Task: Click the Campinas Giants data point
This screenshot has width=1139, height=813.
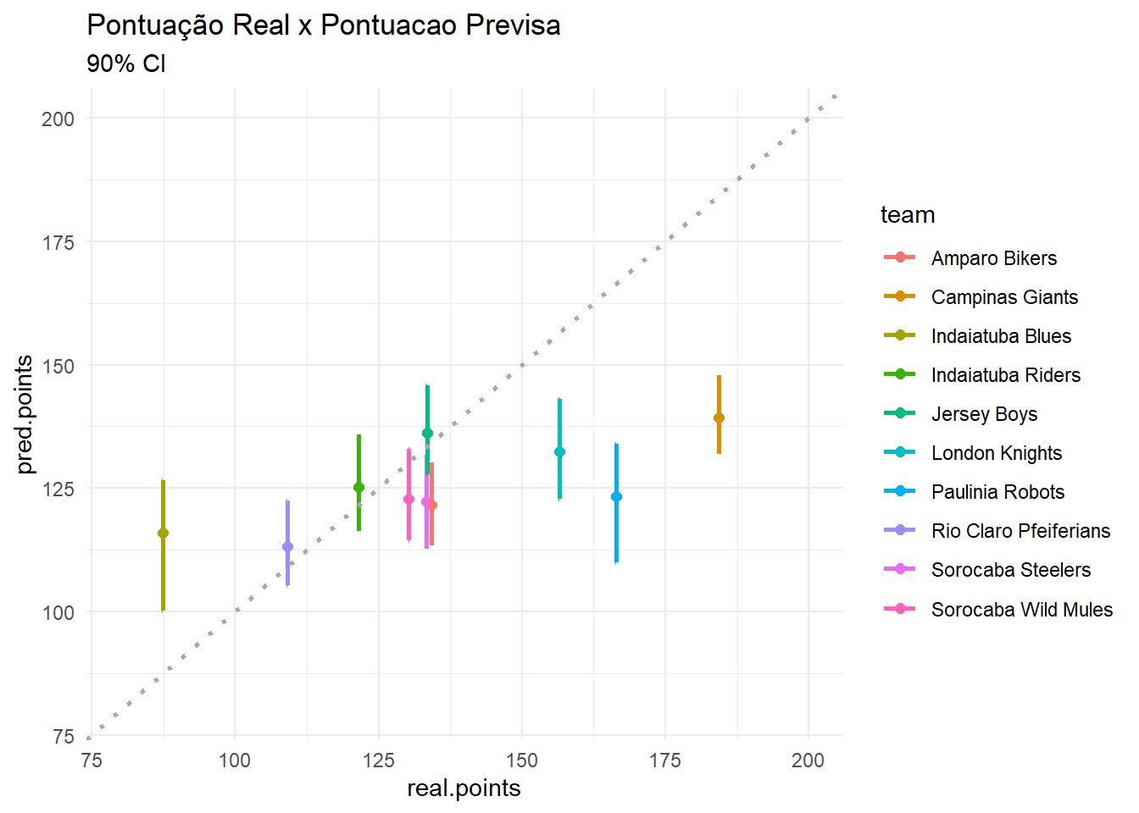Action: [x=719, y=418]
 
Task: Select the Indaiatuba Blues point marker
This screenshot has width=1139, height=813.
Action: [x=163, y=533]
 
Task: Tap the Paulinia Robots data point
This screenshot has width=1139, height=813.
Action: [x=616, y=496]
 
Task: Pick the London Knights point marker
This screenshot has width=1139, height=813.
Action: [x=559, y=451]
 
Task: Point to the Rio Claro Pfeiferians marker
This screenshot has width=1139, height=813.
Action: [x=287, y=546]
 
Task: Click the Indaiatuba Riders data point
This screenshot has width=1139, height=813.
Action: [x=358, y=487]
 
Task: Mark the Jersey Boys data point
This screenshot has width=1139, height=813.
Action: [x=427, y=433]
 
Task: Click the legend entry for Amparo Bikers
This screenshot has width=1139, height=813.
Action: [x=993, y=258]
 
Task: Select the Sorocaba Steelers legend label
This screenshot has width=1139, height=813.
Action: [x=1010, y=570]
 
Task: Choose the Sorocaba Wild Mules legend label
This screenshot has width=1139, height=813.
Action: [x=1021, y=610]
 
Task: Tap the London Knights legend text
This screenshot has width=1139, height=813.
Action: [x=996, y=453]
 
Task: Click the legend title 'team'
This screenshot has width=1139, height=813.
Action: [x=908, y=215]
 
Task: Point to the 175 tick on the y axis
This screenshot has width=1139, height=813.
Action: [x=58, y=243]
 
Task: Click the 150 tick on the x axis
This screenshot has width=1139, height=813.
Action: [x=522, y=760]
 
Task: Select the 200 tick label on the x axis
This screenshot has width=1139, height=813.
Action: [x=808, y=760]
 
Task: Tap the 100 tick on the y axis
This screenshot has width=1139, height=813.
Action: [x=58, y=612]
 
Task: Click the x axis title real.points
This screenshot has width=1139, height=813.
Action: [x=464, y=788]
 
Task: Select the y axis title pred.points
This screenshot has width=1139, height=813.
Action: [x=25, y=414]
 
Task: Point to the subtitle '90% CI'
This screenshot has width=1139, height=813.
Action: [x=126, y=64]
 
